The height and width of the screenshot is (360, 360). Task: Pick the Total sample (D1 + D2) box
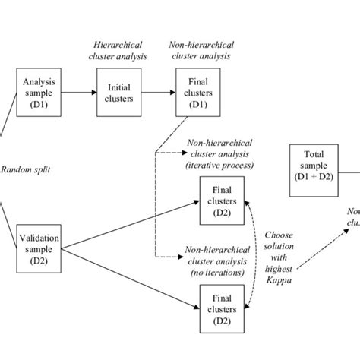tap(313, 166)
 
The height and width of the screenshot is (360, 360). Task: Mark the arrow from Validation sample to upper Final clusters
tap(129, 224)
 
